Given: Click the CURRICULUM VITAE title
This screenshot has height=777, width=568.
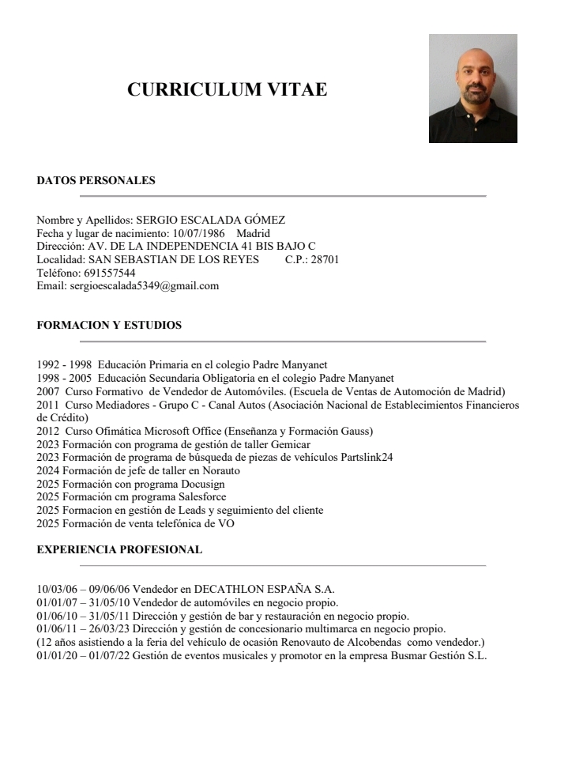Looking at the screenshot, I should [x=227, y=89].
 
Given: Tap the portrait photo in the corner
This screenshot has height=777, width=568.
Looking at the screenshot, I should [x=472, y=89].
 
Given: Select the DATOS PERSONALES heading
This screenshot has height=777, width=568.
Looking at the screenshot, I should [x=96, y=180].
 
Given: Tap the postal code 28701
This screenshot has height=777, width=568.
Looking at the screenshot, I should [x=324, y=259].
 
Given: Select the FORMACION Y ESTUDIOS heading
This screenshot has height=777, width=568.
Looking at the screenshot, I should [x=110, y=325].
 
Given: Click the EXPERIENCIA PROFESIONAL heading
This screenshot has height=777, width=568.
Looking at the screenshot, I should [x=119, y=549].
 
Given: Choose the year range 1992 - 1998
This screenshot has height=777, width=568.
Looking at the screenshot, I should [x=64, y=365].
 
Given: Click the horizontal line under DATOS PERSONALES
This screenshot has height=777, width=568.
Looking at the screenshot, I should [x=283, y=195].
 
